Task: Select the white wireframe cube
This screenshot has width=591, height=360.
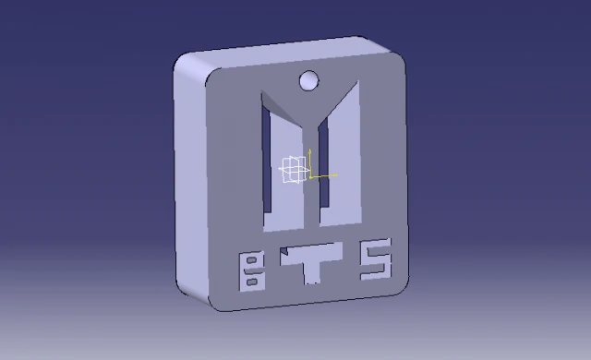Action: click(293, 170)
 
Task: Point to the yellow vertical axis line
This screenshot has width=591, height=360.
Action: click(310, 161)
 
